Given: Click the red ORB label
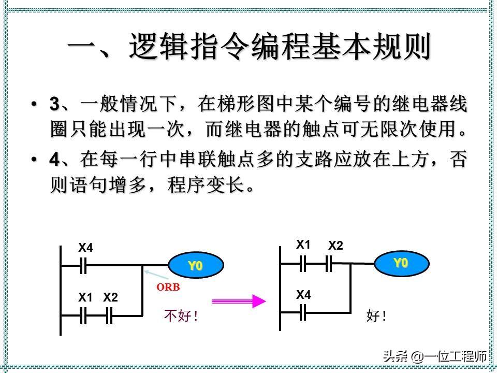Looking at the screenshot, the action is (x=168, y=286).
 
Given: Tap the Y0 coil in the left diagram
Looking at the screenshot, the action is (x=195, y=266).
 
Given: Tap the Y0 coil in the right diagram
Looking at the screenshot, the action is (x=401, y=263).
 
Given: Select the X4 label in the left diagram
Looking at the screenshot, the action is (x=85, y=248).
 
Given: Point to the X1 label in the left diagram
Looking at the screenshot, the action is (x=85, y=297).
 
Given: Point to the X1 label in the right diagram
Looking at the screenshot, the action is (x=303, y=245).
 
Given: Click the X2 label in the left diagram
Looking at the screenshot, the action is (x=110, y=297).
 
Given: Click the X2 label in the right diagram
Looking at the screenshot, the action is (x=335, y=246).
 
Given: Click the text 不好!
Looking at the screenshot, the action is (x=181, y=316).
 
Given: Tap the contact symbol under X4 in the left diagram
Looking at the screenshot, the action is (x=83, y=266).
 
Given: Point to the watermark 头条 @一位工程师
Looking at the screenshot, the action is (x=434, y=356).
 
